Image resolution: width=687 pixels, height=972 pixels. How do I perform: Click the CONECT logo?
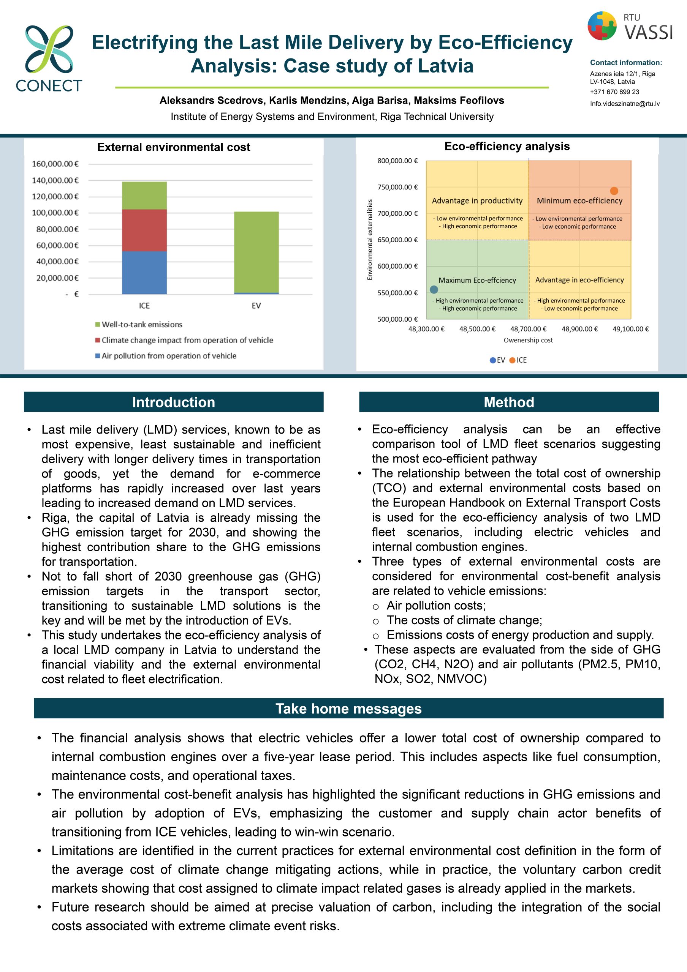tap(49, 58)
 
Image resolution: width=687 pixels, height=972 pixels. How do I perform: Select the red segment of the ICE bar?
tap(144, 230)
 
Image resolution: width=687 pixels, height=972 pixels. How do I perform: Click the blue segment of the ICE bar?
tap(144, 273)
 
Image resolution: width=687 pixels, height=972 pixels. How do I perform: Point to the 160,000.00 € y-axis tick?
tap(55, 164)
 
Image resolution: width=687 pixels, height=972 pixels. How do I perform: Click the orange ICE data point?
tap(614, 191)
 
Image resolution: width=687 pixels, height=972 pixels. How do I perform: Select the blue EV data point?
tap(434, 290)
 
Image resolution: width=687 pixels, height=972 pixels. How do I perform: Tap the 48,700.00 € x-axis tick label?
tap(528, 329)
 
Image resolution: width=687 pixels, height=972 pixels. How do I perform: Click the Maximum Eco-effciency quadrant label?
tap(477, 280)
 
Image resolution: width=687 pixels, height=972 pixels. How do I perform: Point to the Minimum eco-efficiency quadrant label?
tap(579, 201)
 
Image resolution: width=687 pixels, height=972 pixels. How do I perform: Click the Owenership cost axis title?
tap(528, 340)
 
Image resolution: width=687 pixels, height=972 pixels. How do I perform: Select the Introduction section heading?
tap(174, 402)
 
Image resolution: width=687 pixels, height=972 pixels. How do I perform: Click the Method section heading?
tap(509, 402)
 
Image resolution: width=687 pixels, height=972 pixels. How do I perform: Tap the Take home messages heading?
tap(348, 708)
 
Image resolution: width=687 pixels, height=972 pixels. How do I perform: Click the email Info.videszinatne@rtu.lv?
tap(625, 104)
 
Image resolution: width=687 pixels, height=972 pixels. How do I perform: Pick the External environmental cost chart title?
tap(174, 147)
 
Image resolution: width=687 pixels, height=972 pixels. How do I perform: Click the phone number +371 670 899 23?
tap(614, 92)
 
